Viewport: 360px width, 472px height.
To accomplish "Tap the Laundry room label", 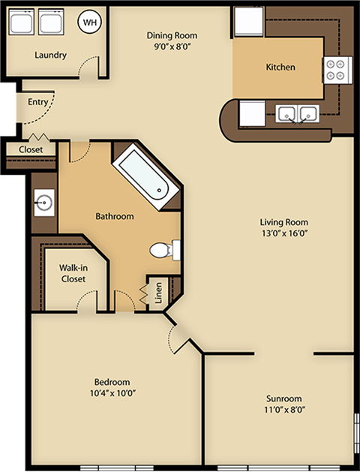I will click(50, 55).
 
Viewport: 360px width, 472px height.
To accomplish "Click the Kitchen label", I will click(280, 67).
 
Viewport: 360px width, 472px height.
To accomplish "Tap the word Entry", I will click(38, 102).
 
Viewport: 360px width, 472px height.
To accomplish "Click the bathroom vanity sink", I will click(43, 201).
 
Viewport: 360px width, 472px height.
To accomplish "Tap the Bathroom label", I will click(114, 216).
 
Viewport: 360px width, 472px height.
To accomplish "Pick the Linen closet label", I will click(158, 293).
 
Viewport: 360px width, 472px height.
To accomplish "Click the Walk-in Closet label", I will click(73, 272).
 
